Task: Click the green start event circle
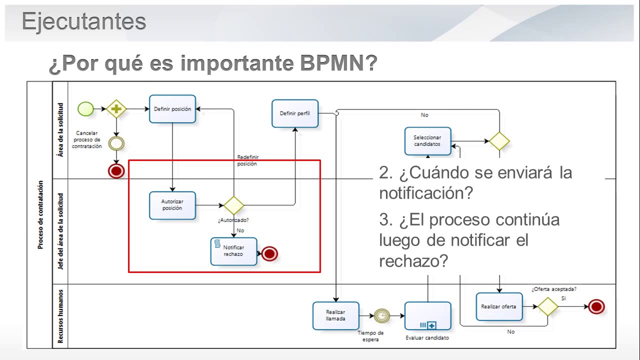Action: (x=86, y=108)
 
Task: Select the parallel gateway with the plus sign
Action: (x=116, y=108)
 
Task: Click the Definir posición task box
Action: (x=172, y=109)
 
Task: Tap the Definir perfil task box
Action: (x=295, y=113)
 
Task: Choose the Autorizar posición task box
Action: (x=172, y=205)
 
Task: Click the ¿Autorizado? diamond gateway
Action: (x=233, y=205)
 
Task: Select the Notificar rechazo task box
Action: (x=233, y=251)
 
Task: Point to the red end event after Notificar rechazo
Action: (x=269, y=254)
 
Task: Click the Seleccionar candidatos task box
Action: (x=427, y=141)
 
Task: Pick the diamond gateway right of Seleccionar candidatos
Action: (x=499, y=141)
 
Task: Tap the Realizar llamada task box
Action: (x=335, y=315)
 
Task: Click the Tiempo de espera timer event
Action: (x=381, y=315)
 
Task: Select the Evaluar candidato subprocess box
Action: (x=427, y=315)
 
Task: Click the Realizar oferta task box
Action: (x=498, y=306)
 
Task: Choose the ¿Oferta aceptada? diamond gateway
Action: (x=547, y=306)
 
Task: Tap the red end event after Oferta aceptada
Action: (x=596, y=306)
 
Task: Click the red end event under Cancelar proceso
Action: (x=116, y=171)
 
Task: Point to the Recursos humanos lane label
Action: (x=60, y=316)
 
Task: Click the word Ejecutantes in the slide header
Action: (x=84, y=22)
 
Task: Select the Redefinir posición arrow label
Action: (x=248, y=160)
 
